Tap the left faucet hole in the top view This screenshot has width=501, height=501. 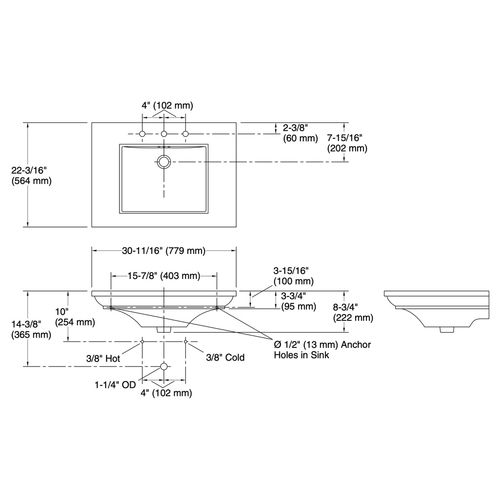pos(142,134)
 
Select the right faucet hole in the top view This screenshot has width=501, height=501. pos(185,134)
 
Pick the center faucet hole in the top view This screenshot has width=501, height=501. pos(164,134)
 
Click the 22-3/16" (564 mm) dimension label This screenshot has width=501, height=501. pos(31,176)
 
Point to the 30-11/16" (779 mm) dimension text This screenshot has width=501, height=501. pos(163,250)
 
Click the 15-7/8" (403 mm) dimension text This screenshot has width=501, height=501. pos(164,275)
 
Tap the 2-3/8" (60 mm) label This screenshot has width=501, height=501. pos(300,133)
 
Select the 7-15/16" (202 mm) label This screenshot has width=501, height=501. pos(347,143)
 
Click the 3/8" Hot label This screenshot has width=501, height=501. pos(103,358)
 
